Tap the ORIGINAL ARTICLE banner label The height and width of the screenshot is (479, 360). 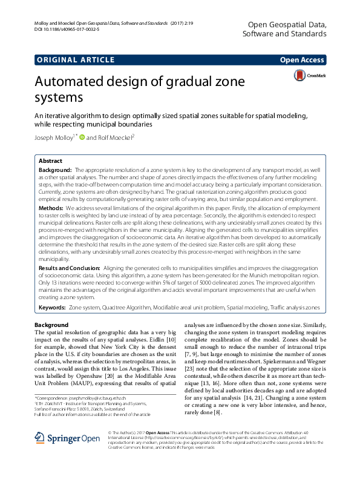click(x=75, y=60)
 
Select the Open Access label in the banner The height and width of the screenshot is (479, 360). click(x=303, y=60)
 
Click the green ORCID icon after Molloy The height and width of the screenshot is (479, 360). click(x=82, y=137)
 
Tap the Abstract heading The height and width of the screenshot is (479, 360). click(x=50, y=162)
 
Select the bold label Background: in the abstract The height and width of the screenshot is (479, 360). click(x=56, y=171)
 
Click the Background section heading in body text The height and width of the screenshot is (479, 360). click(x=52, y=325)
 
